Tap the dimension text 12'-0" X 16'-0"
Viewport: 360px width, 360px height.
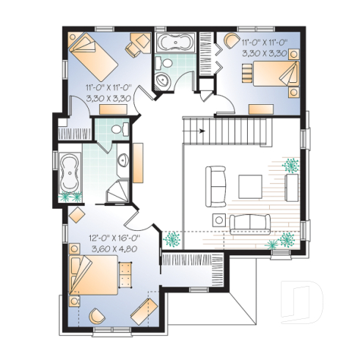tap(115, 238)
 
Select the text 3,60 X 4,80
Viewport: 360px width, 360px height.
tap(115, 249)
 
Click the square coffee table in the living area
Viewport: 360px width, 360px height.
tap(249, 185)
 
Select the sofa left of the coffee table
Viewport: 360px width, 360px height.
tap(216, 185)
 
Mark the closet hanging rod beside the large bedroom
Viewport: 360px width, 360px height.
tap(190, 261)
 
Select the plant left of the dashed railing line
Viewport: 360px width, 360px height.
tap(172, 238)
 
